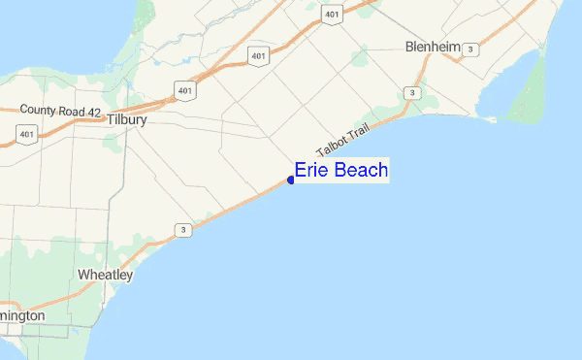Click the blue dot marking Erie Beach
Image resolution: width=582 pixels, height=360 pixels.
click(x=291, y=180)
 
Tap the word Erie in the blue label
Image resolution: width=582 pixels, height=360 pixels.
click(x=312, y=171)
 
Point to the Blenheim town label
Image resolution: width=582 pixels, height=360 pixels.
click(x=432, y=48)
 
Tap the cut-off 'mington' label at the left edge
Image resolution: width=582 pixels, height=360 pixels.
click(x=21, y=316)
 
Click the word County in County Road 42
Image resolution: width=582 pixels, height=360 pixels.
click(x=40, y=112)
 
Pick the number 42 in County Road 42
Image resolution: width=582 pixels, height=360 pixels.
click(x=94, y=112)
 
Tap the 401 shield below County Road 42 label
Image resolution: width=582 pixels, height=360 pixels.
click(x=27, y=134)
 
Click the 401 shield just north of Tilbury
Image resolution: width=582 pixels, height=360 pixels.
click(x=184, y=89)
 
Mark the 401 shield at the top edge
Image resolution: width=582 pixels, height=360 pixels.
click(x=332, y=15)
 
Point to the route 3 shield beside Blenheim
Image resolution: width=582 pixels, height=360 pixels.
click(x=470, y=49)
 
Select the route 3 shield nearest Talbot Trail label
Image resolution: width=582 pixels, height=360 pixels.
click(x=412, y=92)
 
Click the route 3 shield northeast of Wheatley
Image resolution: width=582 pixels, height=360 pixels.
click(x=182, y=230)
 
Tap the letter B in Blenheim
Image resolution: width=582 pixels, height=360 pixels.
click(x=409, y=48)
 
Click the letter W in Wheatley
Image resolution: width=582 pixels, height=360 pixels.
click(x=83, y=276)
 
